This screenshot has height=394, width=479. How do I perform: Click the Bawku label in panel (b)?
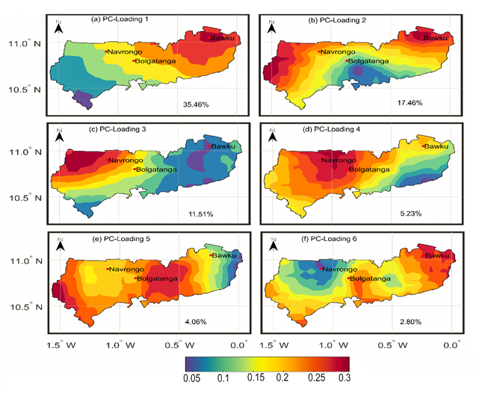coord(436,37)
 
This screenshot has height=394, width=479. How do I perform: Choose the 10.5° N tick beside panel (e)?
coord(25,307)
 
